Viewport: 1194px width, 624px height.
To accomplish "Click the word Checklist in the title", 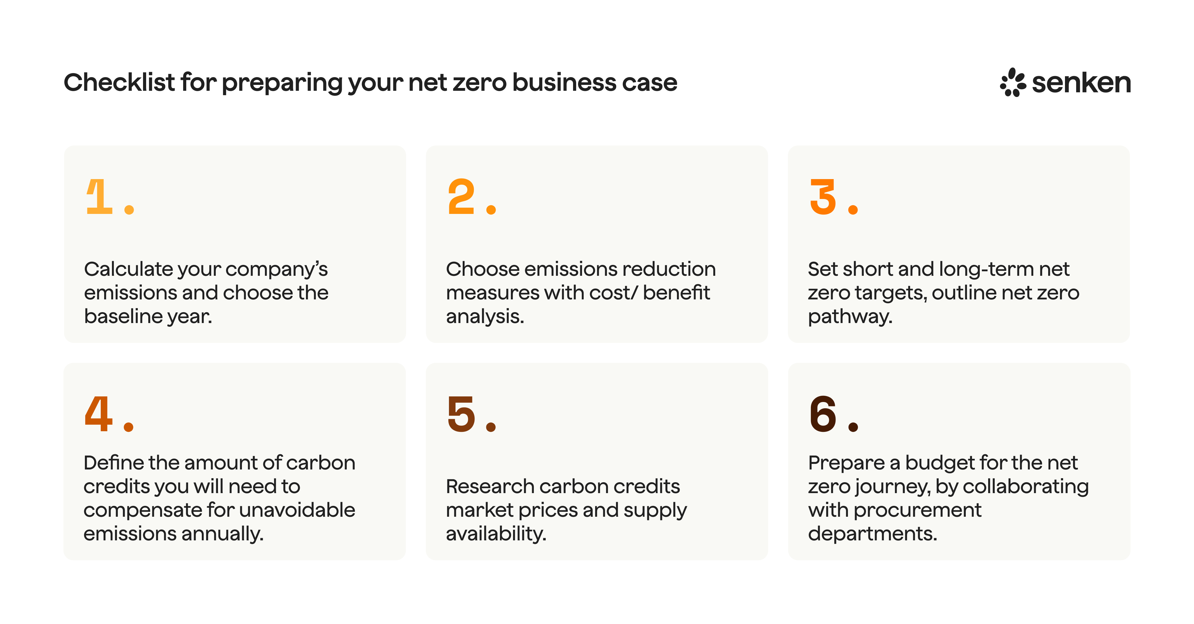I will pyautogui.click(x=119, y=82).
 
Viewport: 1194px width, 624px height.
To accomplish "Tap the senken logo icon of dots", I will pyautogui.click(x=1013, y=82).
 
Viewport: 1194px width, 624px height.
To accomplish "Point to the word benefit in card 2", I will pyautogui.click(x=676, y=293).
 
